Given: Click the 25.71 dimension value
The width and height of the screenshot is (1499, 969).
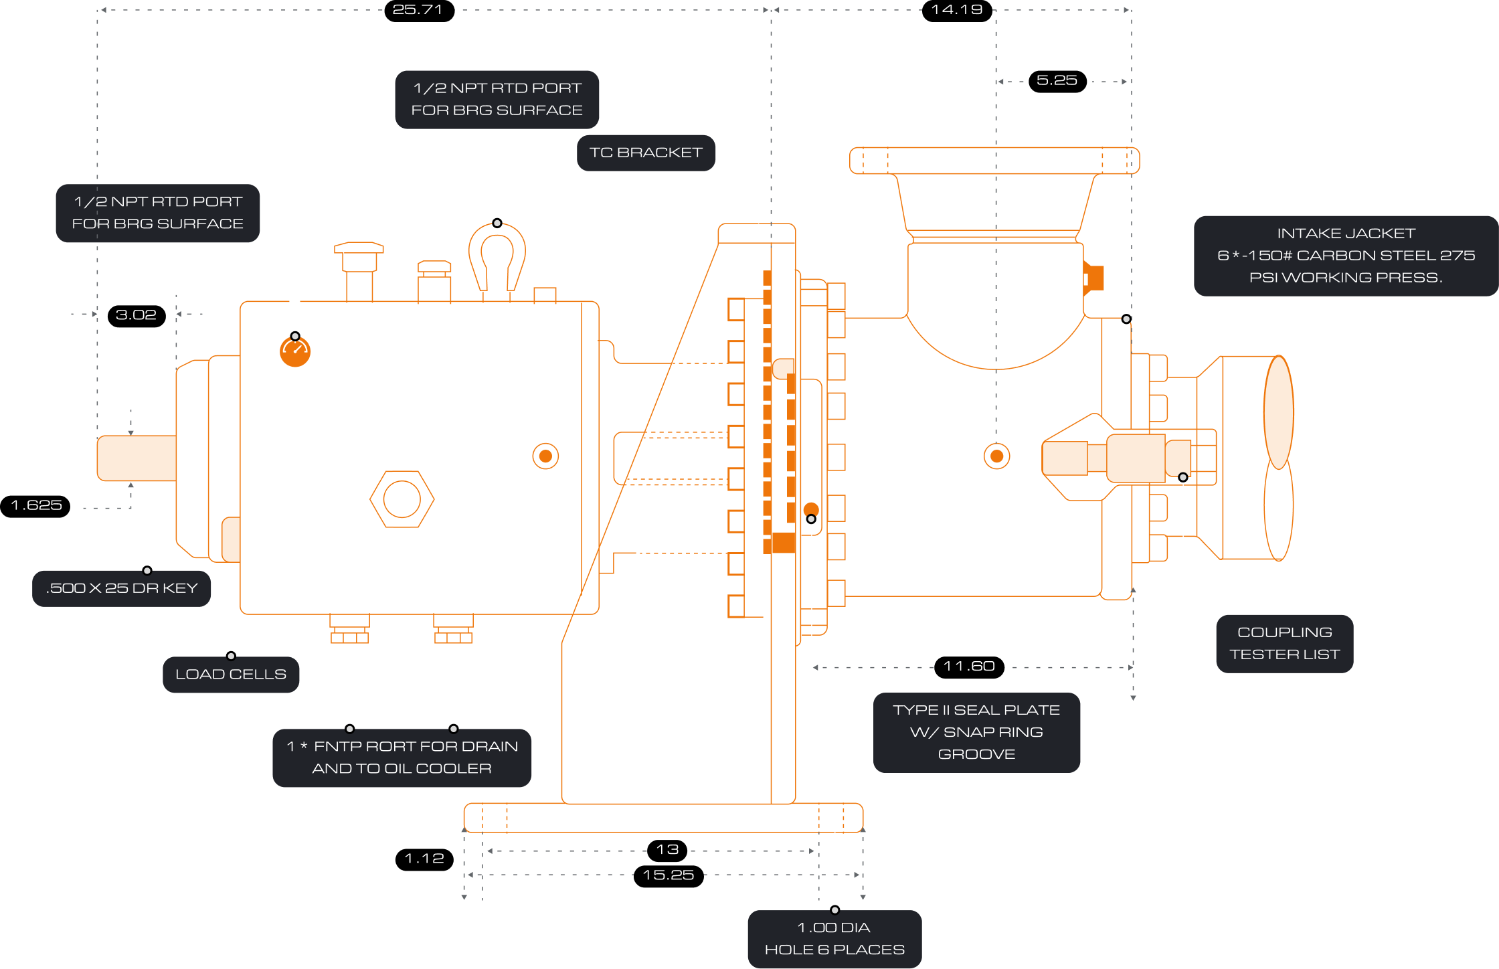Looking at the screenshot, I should [417, 9].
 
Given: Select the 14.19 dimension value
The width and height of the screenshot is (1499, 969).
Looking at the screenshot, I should [956, 9].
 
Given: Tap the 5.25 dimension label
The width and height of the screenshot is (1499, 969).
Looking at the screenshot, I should [1057, 80].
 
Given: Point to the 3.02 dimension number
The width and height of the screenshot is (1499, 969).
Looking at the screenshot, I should [136, 315].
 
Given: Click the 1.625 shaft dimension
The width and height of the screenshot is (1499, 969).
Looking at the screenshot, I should [37, 505].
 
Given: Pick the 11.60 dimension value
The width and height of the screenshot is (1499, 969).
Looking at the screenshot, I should [969, 666].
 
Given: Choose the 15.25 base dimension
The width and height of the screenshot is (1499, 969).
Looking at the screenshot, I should [668, 875].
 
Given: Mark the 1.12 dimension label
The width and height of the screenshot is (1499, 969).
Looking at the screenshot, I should [424, 858].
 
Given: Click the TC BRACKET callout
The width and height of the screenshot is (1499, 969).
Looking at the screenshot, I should [646, 153].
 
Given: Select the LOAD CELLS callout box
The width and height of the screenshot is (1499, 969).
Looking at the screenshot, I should [231, 674].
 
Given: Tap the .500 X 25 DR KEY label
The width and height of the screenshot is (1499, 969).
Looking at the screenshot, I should [122, 588].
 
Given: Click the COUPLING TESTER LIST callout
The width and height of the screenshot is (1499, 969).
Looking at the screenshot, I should [1284, 643].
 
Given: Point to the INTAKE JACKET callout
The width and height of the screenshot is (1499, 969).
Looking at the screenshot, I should [1346, 255].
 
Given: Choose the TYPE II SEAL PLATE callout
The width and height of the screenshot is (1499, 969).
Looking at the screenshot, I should [976, 732].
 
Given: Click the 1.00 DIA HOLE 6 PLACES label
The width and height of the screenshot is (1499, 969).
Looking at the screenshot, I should [834, 938].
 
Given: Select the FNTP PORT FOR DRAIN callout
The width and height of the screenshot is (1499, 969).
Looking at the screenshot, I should [402, 758].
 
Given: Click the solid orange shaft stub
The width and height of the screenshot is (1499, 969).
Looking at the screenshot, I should [137, 458].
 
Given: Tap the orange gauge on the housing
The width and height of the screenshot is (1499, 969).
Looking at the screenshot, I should [295, 351].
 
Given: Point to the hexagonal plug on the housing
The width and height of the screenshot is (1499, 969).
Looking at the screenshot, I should [402, 499].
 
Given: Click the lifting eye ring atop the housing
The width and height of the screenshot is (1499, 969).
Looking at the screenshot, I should [497, 254].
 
